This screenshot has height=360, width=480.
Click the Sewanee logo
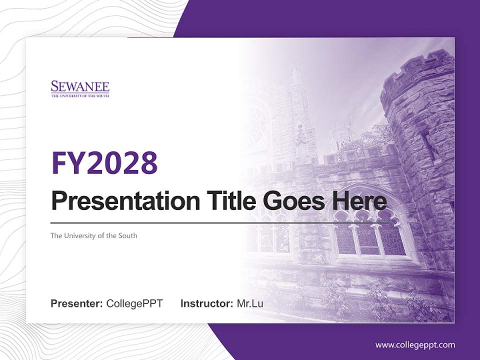point(80,88)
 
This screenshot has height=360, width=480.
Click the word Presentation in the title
point(118,201)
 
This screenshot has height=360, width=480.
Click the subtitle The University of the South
point(93,235)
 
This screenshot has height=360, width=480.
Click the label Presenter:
point(77,303)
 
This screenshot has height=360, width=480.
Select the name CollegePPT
point(134,303)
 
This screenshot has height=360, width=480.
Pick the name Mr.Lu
point(249,303)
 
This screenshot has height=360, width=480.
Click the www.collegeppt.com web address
point(415,345)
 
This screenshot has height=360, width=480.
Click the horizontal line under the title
point(220,223)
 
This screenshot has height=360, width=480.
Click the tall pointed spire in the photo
point(296,80)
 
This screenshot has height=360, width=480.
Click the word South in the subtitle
point(127,235)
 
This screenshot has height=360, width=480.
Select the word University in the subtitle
point(79,235)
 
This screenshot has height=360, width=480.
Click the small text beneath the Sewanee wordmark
point(80,95)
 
